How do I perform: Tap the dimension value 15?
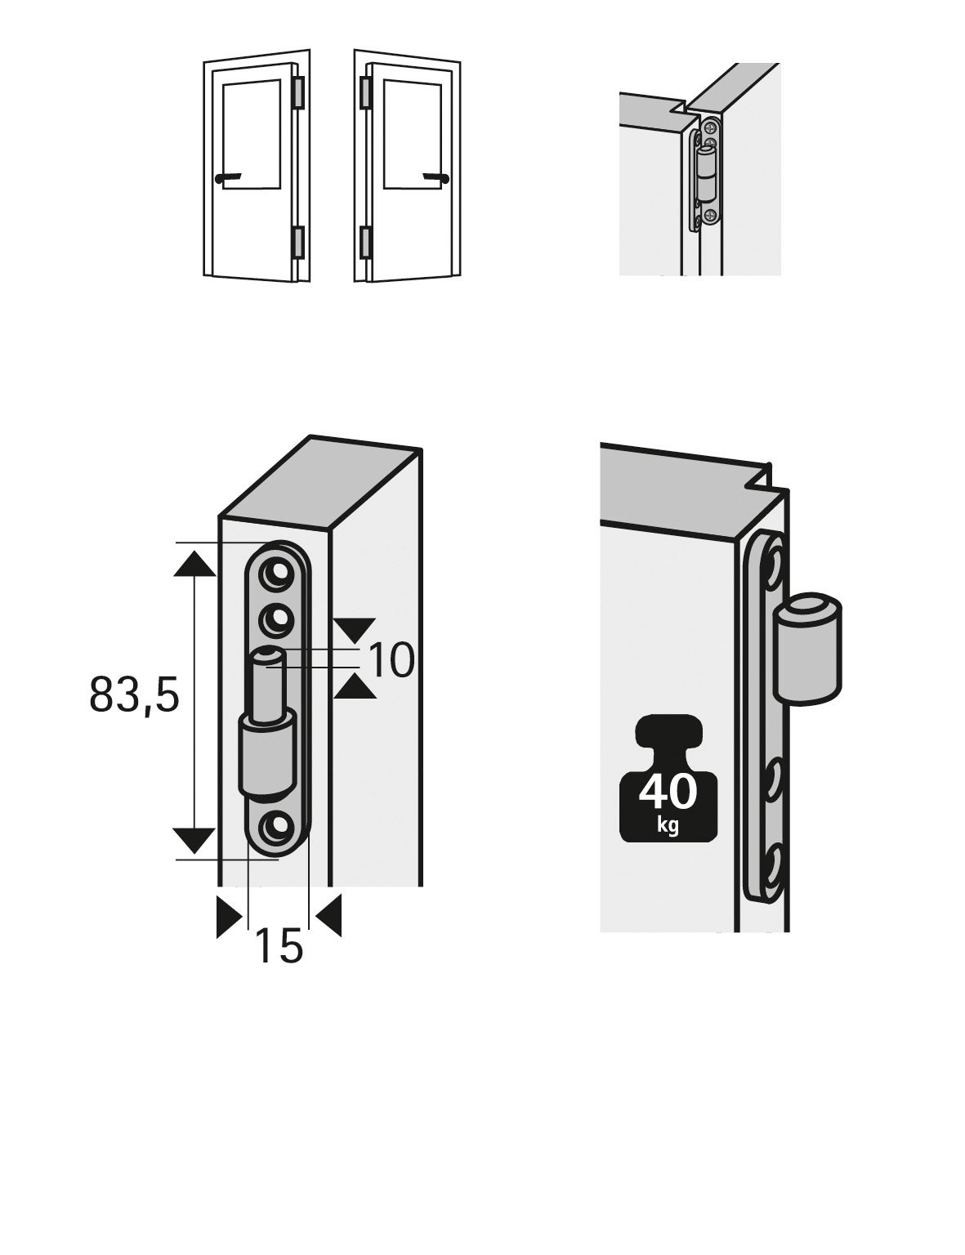click(279, 947)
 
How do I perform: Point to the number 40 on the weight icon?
click(668, 792)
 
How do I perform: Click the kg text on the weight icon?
click(668, 825)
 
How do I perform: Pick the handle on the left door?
click(226, 177)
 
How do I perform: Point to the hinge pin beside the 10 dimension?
click(268, 682)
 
